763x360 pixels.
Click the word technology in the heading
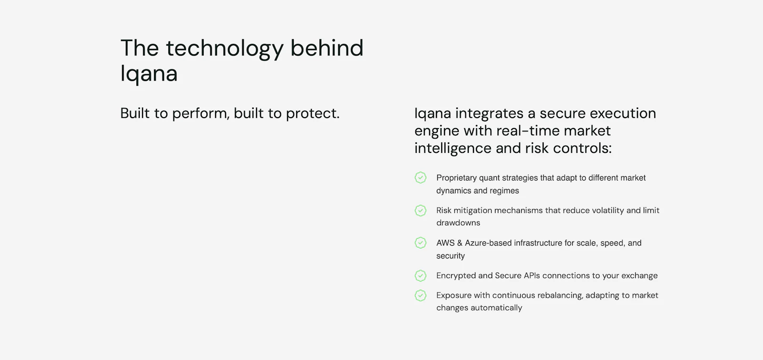point(224,49)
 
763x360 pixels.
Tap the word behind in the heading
point(327,48)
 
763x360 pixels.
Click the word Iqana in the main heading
point(149,74)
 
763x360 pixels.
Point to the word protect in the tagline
point(312,113)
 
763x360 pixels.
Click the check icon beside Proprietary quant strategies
point(421,178)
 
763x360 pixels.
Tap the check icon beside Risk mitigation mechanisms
point(421,210)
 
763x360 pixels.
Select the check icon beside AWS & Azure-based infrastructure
point(421,243)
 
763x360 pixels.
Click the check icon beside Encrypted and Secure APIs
point(421,276)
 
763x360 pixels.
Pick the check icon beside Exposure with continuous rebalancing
point(421,295)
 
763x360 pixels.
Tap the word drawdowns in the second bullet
point(458,223)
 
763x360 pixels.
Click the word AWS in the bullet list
point(445,243)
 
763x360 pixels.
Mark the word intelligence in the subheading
point(453,148)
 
